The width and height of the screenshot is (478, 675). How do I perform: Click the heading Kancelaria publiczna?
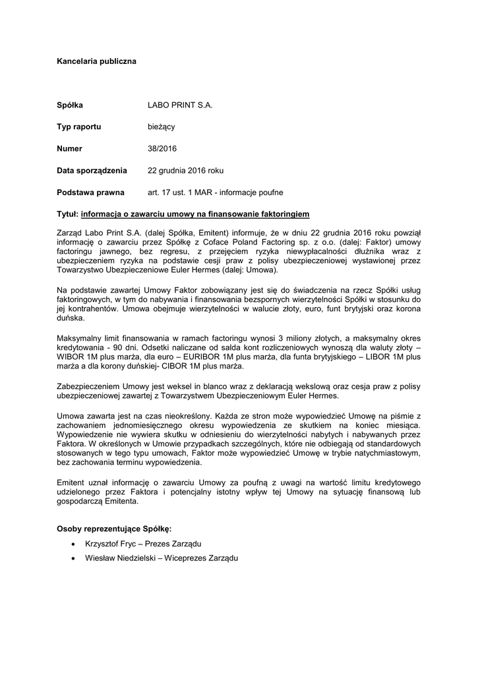pos(96,61)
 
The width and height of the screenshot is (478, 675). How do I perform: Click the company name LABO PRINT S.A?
pos(180,105)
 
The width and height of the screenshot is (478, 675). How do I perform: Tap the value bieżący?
pos(162,127)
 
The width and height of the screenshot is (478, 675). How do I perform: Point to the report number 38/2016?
pos(162,148)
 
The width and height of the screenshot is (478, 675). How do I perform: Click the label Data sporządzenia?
pos(92,170)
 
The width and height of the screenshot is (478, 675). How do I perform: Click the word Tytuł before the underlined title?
pos(67,214)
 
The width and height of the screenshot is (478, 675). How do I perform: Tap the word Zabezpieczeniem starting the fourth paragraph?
pos(88,386)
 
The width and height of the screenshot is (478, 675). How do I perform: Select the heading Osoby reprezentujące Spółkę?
pos(113,529)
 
